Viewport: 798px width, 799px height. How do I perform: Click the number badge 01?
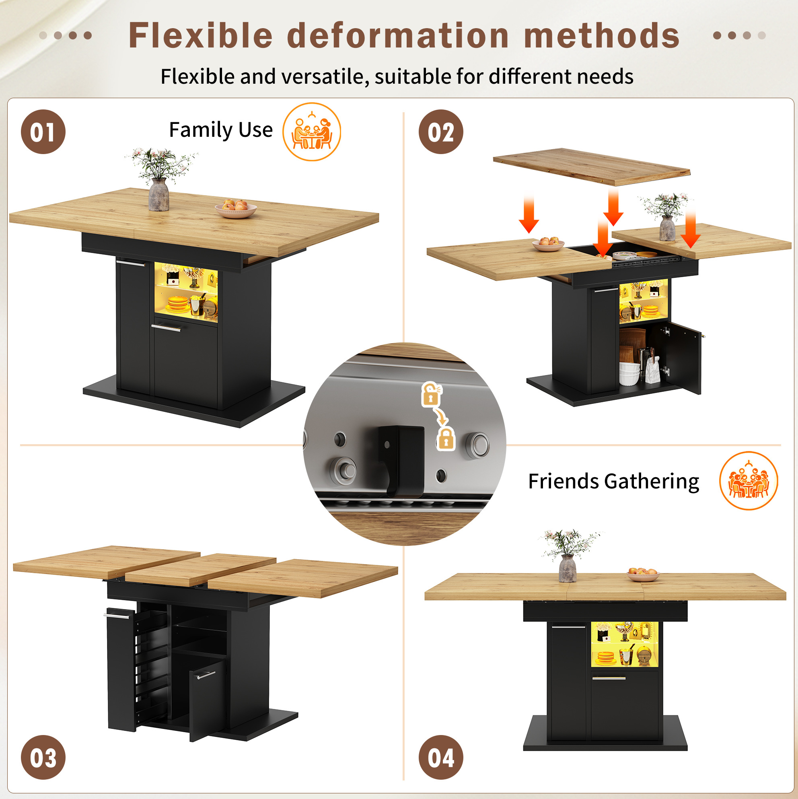tap(43, 132)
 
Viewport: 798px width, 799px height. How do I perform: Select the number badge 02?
tap(441, 132)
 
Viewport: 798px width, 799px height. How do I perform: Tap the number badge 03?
tap(43, 757)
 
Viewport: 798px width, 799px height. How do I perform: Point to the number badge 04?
tap(441, 757)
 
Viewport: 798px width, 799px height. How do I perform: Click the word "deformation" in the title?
tap(398, 35)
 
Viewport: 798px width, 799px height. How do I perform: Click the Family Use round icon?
tap(312, 132)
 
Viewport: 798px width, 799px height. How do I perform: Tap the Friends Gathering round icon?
tap(749, 480)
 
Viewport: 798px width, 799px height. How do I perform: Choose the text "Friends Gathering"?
tap(614, 482)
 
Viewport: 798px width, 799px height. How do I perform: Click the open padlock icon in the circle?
tap(431, 394)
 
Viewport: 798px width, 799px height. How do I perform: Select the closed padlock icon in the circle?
tap(446, 439)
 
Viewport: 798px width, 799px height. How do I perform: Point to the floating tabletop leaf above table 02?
tap(592, 167)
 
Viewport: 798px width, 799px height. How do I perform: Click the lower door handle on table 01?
tap(166, 328)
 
